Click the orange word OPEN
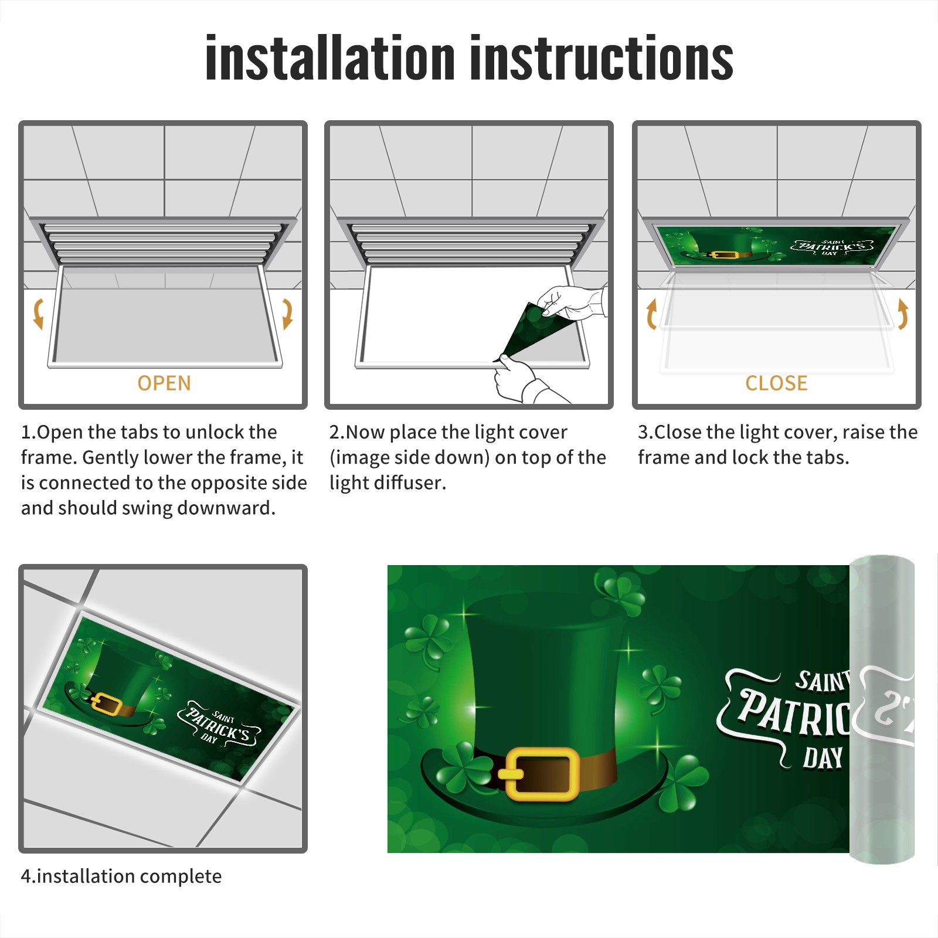(x=164, y=383)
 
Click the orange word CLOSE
(x=776, y=383)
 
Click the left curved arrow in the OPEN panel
(x=38, y=314)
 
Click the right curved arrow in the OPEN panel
(x=287, y=314)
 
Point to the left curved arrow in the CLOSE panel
(x=651, y=314)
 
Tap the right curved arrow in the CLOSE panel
(x=903, y=314)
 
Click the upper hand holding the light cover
(x=572, y=302)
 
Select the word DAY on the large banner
(x=823, y=758)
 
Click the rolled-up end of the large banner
(x=882, y=709)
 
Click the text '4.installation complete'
(x=121, y=876)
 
